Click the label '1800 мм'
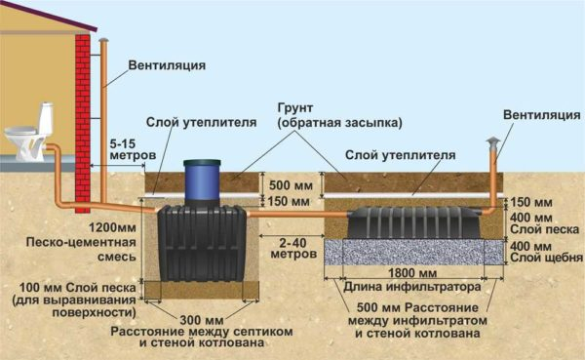[408, 274]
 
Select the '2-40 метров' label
[293, 248]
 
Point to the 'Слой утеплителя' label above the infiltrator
[401, 154]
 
